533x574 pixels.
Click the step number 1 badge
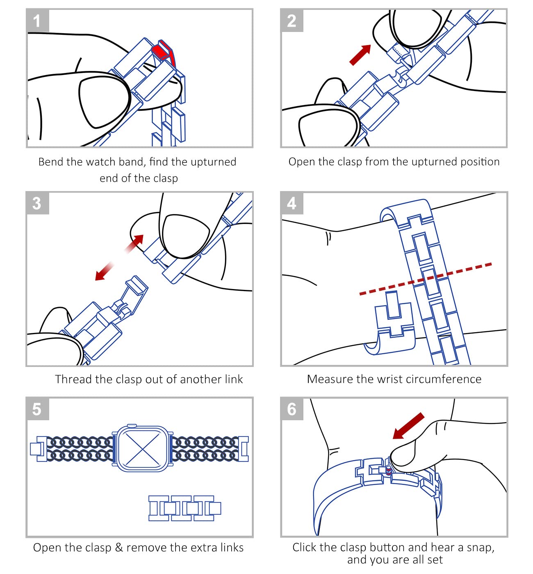click(37, 20)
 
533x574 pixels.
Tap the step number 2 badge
click(292, 20)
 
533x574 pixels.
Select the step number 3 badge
click(37, 203)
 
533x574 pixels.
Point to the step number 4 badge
click(292, 203)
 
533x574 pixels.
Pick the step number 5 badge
click(37, 409)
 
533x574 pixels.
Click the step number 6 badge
click(292, 409)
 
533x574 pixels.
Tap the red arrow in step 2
click(360, 55)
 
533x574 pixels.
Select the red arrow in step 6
click(408, 426)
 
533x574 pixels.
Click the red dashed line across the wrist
click(426, 279)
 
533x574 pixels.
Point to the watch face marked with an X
click(142, 449)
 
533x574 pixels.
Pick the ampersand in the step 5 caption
click(119, 547)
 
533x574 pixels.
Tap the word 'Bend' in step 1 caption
click(51, 162)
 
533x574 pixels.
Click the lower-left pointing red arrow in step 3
click(105, 271)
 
